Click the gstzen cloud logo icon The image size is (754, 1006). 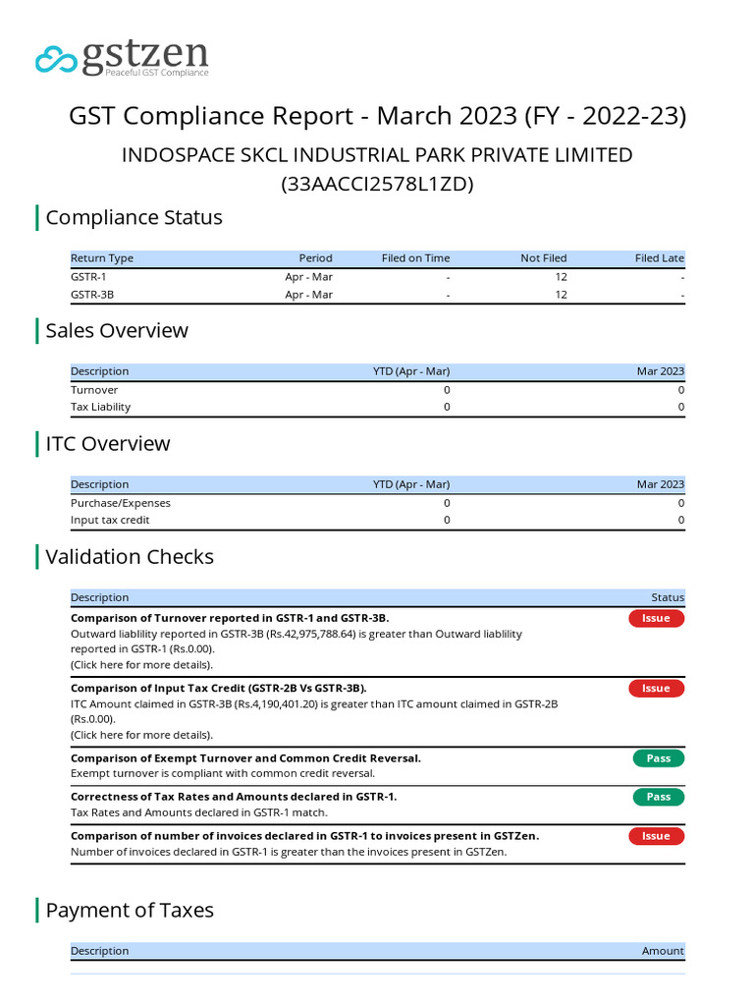tap(56, 59)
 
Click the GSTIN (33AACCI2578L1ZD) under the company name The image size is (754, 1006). tap(377, 184)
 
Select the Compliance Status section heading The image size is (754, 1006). tap(134, 217)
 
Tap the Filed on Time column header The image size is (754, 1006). tap(415, 258)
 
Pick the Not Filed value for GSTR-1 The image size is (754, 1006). tap(561, 277)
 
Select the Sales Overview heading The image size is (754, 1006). tap(117, 330)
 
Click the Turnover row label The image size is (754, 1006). tap(94, 390)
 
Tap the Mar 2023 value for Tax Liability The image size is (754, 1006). tap(680, 407)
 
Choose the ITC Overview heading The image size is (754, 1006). tap(108, 443)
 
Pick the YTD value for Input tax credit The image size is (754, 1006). tap(447, 520)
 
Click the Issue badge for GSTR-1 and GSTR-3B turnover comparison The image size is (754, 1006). tap(656, 618)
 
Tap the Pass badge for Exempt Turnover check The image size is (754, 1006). tap(658, 758)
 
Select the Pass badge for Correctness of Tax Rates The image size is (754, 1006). tap(658, 797)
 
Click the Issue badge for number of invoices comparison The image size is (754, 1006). tap(656, 836)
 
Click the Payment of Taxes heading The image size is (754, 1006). tap(130, 910)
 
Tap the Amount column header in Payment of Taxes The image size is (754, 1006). tap(663, 951)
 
